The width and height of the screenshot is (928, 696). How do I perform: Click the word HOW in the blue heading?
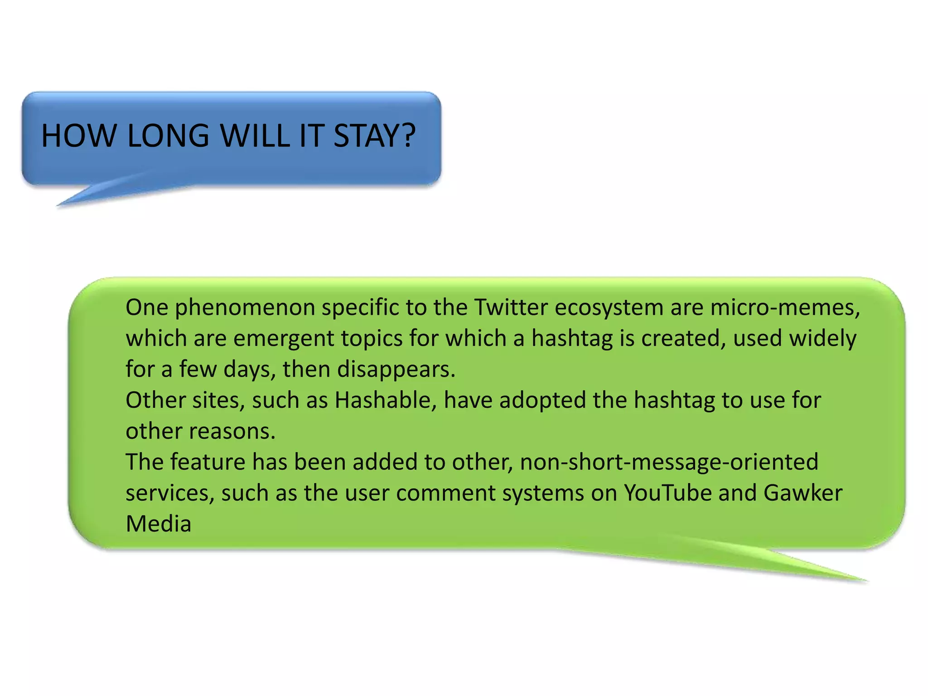tap(78, 135)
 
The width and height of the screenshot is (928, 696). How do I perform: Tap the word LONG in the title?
tap(168, 135)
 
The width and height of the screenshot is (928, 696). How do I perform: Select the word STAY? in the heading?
tap(374, 135)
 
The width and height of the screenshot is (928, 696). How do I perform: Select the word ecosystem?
tap(609, 308)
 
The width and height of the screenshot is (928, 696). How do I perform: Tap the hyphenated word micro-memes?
tap(784, 307)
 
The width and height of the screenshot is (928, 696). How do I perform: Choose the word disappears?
tap(396, 370)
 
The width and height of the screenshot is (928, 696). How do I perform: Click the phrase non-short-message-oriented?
tap(669, 462)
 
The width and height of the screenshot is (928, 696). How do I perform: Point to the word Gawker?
tap(802, 493)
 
